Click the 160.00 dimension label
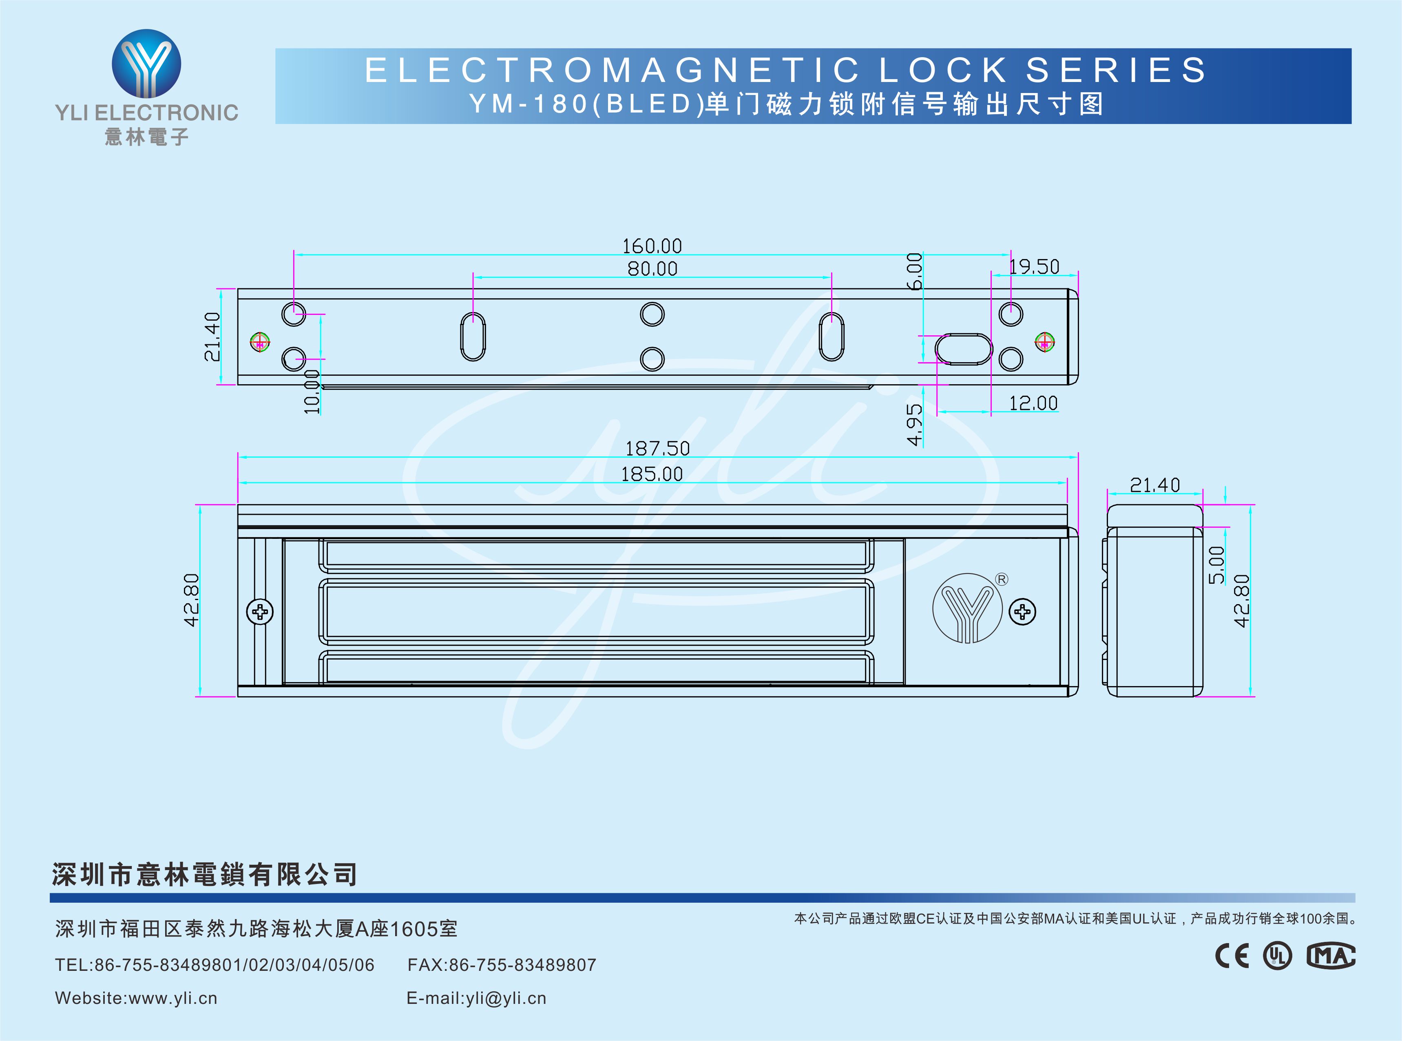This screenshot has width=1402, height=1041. coord(652,246)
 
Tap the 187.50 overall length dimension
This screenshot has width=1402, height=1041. coord(657,449)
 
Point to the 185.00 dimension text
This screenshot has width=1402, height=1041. coord(652,474)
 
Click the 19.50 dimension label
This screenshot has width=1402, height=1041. coord(1034,266)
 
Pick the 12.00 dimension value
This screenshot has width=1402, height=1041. coord(1033,403)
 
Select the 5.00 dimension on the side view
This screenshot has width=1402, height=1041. coord(1216,565)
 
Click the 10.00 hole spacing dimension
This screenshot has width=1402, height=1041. coord(312,392)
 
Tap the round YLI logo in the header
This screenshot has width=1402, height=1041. coord(146,64)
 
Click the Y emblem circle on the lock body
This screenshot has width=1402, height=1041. coord(967,608)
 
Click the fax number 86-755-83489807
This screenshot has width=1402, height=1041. coord(522,965)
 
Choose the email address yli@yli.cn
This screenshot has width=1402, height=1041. coord(506,998)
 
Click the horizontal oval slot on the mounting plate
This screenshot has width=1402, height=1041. coord(963,349)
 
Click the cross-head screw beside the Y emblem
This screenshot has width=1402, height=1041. coord(1022,612)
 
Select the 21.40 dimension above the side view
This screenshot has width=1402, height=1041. coord(1154,485)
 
